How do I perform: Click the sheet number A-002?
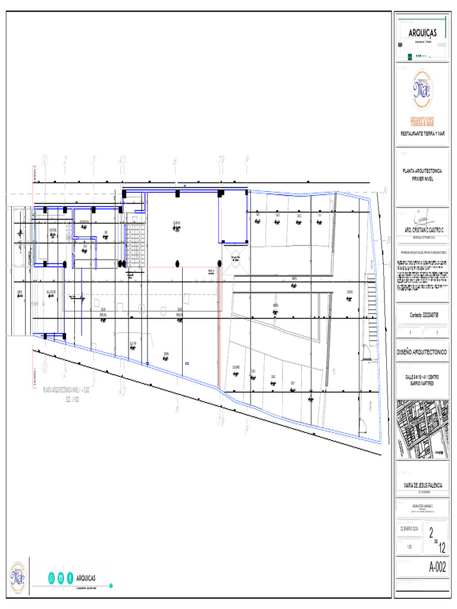point(437,567)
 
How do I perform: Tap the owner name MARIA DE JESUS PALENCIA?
point(422,486)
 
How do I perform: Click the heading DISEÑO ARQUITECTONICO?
point(422,353)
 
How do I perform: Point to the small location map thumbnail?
point(422,429)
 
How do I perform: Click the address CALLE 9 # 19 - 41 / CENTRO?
point(422,376)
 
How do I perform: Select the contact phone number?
point(422,315)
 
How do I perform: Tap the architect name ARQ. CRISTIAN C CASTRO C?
point(422,229)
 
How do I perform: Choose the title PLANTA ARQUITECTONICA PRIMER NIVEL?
point(422,174)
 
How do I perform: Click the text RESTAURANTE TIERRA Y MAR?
point(422,133)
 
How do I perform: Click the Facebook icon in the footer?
point(70,577)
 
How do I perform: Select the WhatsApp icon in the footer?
point(51,577)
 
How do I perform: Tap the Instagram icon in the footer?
point(60,577)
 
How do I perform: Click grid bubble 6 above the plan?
point(176,161)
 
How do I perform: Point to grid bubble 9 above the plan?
point(246,160)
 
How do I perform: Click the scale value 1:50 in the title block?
point(408,547)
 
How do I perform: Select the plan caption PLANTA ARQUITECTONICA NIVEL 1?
point(66,390)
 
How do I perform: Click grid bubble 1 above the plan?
point(45,160)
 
